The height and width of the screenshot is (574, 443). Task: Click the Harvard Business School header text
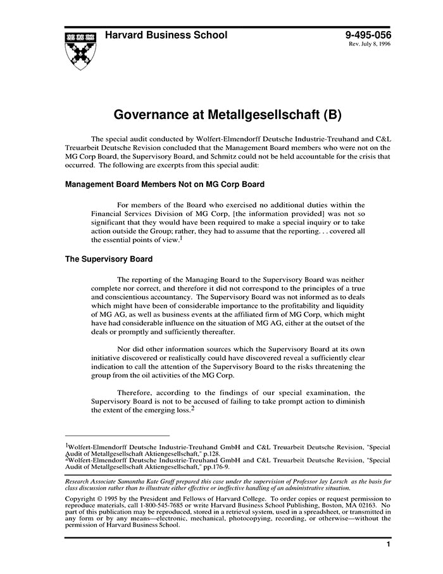tap(166, 35)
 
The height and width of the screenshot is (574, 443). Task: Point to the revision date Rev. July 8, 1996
tap(370, 46)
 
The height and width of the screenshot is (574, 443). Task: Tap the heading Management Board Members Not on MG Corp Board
tap(165, 185)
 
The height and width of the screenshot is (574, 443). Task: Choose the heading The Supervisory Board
tap(109, 259)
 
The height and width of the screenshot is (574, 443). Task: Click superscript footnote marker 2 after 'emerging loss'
tap(192, 407)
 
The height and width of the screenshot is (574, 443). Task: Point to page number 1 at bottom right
tap(388, 544)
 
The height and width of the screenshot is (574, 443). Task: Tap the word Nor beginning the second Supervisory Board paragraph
tap(124, 348)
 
